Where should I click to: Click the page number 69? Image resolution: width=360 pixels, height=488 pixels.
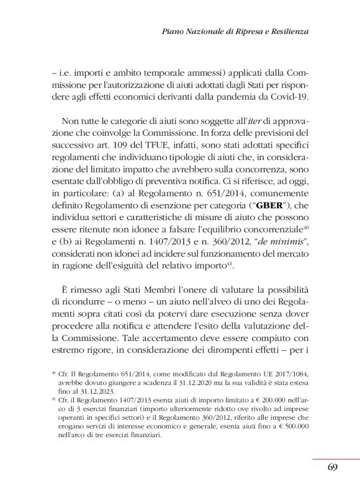[332, 468]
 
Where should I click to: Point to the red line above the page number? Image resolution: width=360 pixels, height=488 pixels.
[336, 459]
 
